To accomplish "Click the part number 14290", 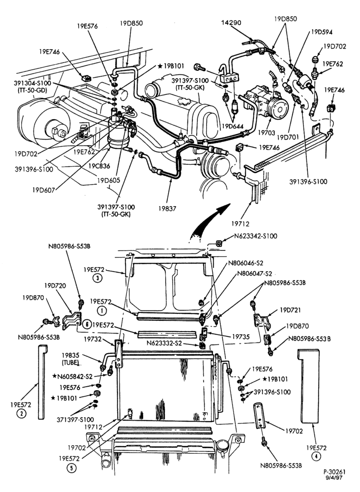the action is (x=231, y=23).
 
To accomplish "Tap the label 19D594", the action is (x=322, y=32).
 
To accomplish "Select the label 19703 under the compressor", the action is (x=267, y=133).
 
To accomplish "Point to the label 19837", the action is (x=167, y=208).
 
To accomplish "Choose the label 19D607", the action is (x=43, y=189).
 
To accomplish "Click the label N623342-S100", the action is (x=256, y=236).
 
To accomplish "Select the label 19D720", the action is (x=55, y=286).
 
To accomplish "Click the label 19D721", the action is (x=290, y=310).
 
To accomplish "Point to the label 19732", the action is (x=92, y=339).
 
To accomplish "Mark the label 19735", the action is (x=241, y=337).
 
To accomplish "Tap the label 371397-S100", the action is (x=75, y=419).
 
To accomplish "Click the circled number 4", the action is (x=316, y=457).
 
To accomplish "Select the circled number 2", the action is (x=22, y=414).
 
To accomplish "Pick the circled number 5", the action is (x=71, y=468).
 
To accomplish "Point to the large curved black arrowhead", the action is (x=224, y=209).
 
